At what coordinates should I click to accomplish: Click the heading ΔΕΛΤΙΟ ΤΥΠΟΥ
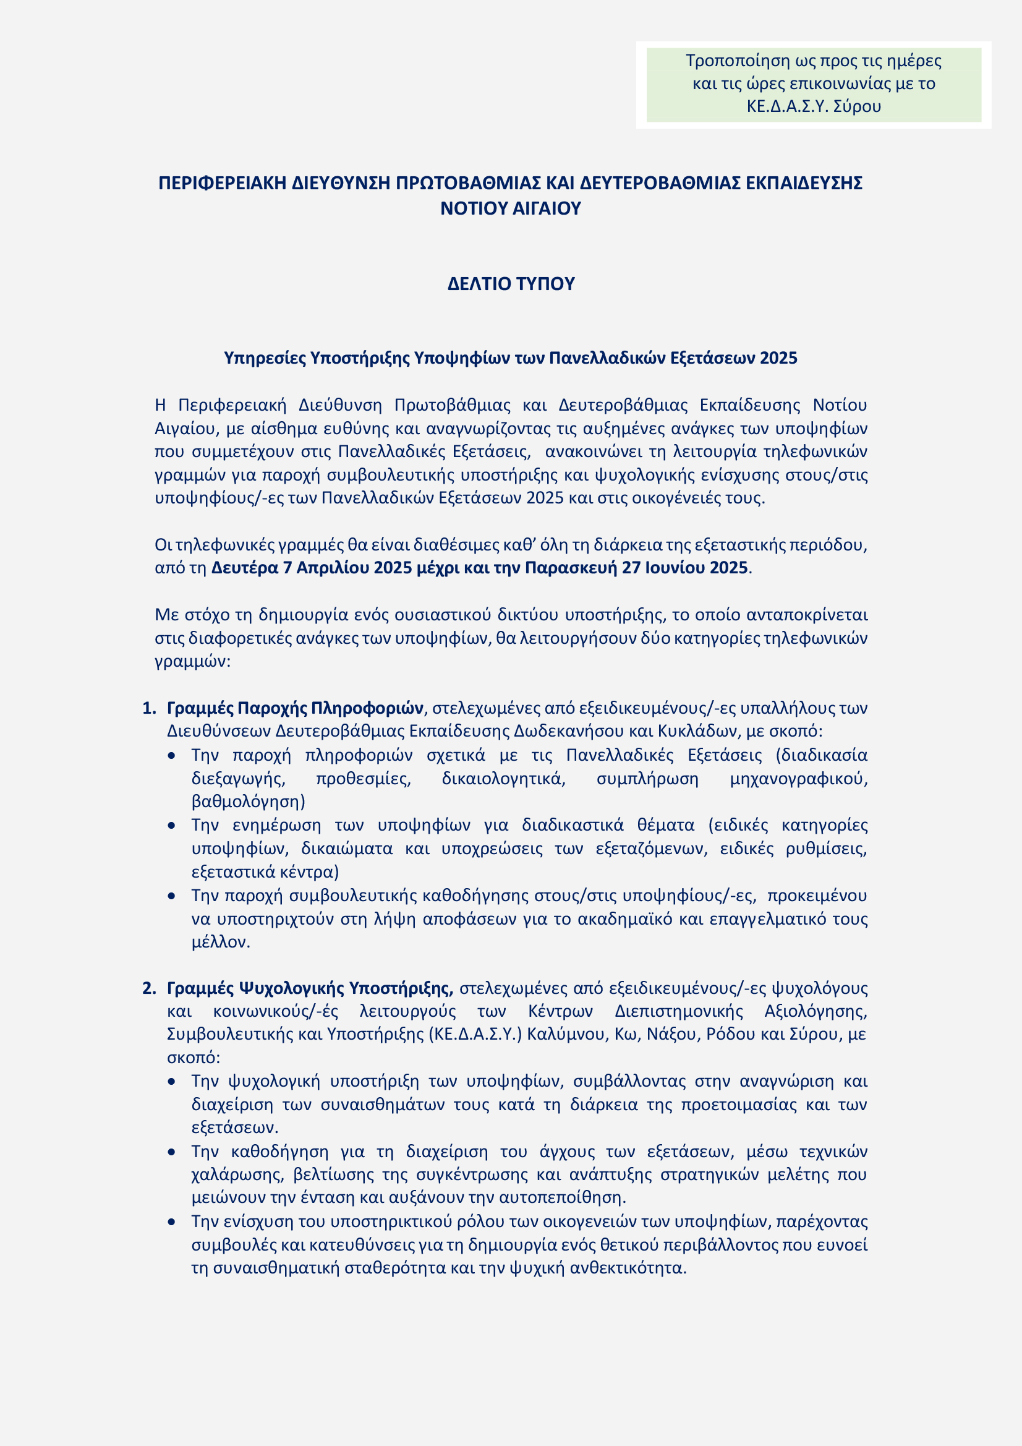511,284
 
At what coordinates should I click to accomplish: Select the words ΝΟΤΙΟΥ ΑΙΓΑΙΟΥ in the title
511,208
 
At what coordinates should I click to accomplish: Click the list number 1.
148,709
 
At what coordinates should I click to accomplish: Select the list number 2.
148,988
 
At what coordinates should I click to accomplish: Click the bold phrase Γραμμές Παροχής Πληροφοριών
295,709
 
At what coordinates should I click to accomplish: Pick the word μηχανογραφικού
798,779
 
